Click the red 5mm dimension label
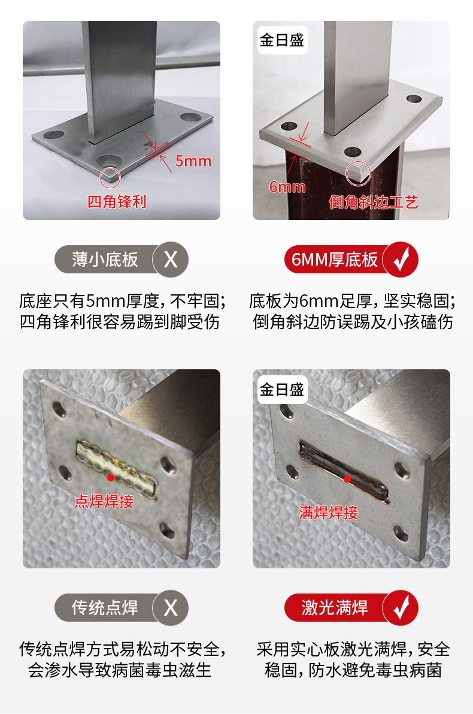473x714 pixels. pyautogui.click(x=193, y=161)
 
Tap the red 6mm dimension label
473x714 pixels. pyautogui.click(x=287, y=186)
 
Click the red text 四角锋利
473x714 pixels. pyautogui.click(x=117, y=201)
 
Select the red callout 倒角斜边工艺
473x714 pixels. pyautogui.click(x=374, y=202)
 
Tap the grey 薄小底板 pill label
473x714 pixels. pyautogui.click(x=105, y=260)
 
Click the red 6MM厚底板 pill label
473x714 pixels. pyautogui.click(x=335, y=260)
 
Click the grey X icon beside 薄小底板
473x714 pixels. pyautogui.click(x=171, y=260)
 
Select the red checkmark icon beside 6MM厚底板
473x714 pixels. pyautogui.click(x=400, y=260)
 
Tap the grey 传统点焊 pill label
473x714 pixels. pyautogui.click(x=105, y=608)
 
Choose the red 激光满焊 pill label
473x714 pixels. pyautogui.click(x=335, y=608)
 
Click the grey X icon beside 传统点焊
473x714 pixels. pyautogui.click(x=171, y=608)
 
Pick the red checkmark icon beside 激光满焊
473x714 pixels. pyautogui.click(x=400, y=608)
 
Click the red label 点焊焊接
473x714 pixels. pyautogui.click(x=104, y=501)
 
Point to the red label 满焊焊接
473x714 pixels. pyautogui.click(x=328, y=513)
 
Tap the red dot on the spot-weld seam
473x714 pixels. pyautogui.click(x=111, y=478)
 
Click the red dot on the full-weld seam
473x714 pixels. pyautogui.click(x=347, y=478)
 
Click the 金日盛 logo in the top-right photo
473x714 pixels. pyautogui.click(x=282, y=40)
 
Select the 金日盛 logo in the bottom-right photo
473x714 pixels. pyautogui.click(x=282, y=389)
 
